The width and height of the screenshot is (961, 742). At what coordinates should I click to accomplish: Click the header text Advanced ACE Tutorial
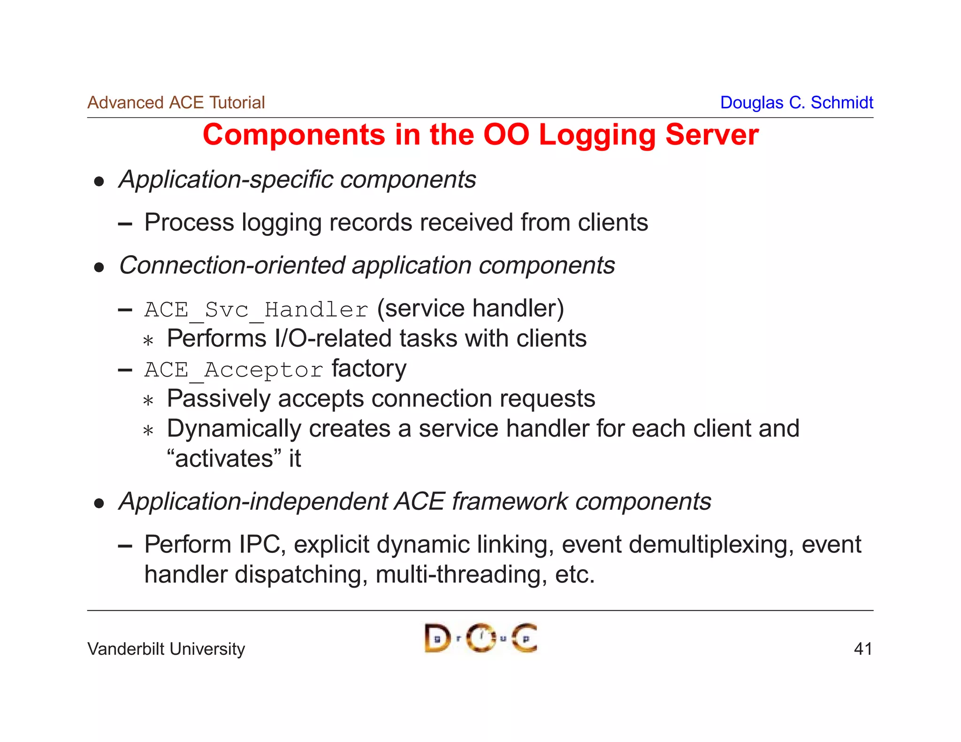176,103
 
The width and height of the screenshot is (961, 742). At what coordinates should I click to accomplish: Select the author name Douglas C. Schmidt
796,103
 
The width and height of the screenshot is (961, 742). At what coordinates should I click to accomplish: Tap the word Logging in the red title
597,136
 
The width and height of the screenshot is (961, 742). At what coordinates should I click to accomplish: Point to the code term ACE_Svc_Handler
256,310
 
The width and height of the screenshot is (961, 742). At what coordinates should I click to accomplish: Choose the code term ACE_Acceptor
234,370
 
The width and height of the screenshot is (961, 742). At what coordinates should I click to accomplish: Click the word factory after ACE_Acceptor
369,369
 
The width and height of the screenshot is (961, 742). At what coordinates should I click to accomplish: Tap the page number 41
863,649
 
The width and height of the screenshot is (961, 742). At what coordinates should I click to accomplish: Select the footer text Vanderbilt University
166,649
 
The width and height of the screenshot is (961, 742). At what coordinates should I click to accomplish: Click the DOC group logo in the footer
480,638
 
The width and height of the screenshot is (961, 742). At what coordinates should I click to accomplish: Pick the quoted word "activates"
225,459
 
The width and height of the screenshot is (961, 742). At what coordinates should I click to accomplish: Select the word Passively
219,399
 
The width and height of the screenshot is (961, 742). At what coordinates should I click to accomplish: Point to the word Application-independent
253,502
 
